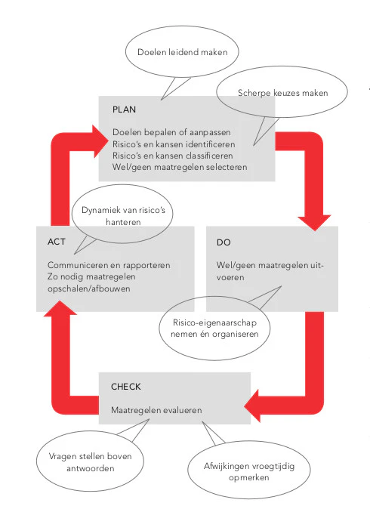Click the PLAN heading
[124, 110]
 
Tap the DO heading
[224, 242]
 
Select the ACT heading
[57, 242]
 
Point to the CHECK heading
[126, 387]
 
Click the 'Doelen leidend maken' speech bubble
[182, 52]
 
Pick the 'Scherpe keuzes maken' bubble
[282, 93]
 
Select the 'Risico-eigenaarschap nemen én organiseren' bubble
[215, 329]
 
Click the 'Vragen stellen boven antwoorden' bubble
[91, 461]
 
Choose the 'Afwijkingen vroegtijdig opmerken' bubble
[248, 471]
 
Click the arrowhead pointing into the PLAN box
[100, 141]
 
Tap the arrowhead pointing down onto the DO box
[315, 222]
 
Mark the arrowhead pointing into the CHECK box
[252, 406]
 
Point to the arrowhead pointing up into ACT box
[60, 307]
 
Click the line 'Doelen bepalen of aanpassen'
[171, 132]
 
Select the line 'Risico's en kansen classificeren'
[173, 156]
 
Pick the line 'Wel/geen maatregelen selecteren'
[180, 167]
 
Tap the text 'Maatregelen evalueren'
[156, 410]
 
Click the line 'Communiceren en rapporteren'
[109, 265]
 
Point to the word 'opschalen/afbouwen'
[88, 288]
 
